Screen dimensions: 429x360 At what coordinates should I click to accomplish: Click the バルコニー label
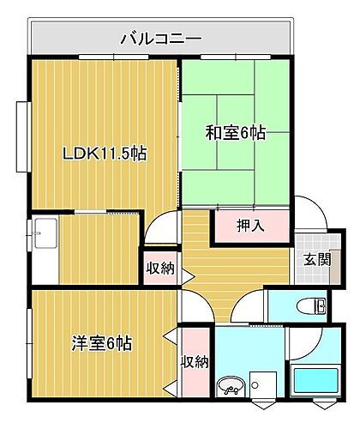coord(160,38)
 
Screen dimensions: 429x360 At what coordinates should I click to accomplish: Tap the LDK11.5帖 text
coord(104,154)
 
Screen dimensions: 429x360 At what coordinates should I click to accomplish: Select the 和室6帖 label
coord(234,133)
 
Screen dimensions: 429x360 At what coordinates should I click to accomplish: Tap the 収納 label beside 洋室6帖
coord(195,361)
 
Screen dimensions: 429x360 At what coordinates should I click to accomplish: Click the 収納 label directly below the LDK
coord(159,268)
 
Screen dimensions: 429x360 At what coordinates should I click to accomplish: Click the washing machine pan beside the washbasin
coord(263,386)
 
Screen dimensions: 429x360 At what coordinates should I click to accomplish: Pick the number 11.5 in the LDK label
coord(112,154)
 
